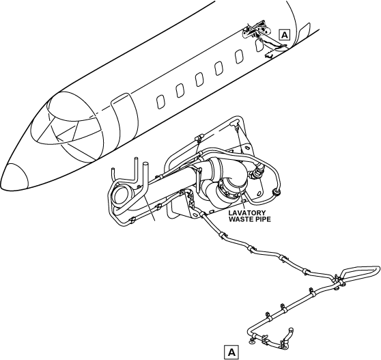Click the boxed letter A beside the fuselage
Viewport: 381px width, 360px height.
284,35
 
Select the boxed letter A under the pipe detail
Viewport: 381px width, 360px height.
231,352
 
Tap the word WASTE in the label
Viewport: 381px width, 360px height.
240,219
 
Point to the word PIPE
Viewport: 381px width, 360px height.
262,219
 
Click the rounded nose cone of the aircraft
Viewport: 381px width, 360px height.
14,177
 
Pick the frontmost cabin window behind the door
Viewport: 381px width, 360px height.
160,102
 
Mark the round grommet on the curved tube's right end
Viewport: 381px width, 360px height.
277,192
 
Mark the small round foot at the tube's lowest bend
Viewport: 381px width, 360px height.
251,342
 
